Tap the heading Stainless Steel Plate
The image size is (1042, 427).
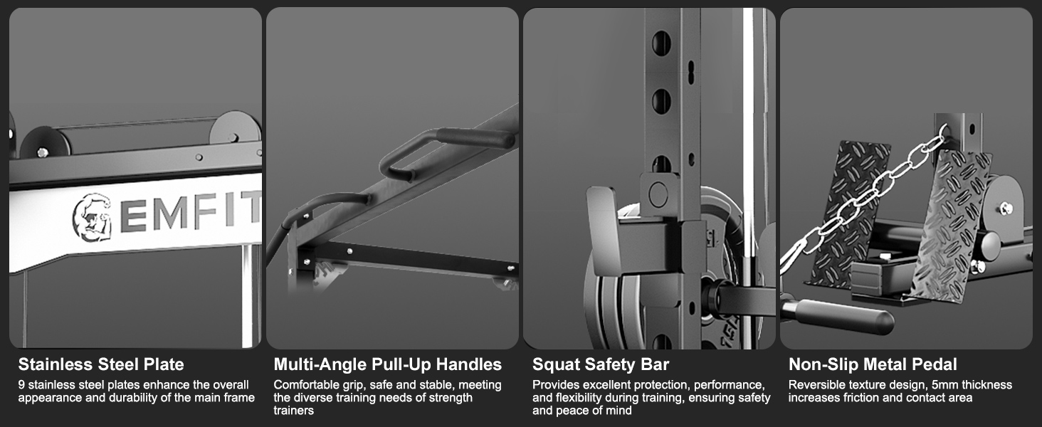coord(101,364)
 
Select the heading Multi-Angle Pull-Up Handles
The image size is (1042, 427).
coord(387,364)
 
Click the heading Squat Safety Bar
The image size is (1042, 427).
coord(601,364)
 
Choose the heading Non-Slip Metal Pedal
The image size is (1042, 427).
coord(873,364)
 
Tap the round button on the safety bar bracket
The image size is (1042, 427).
coord(658,193)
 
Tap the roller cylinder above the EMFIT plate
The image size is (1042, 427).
coord(135,137)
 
